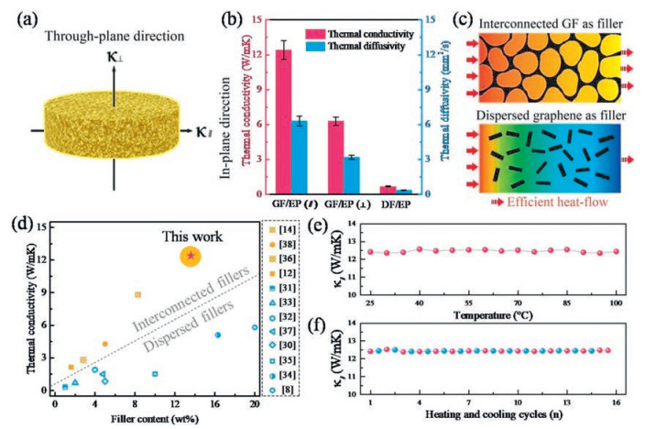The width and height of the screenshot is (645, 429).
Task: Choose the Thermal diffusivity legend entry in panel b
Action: pos(361,41)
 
